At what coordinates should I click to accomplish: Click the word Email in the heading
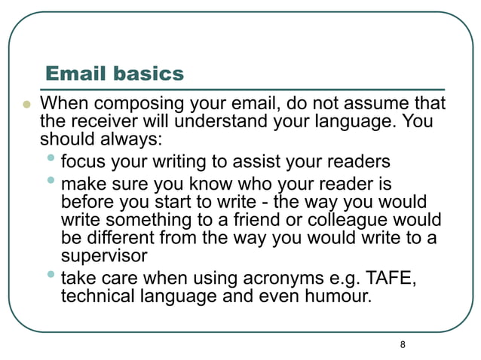(75, 74)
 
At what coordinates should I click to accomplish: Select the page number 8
(403, 344)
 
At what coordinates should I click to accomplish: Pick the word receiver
(100, 121)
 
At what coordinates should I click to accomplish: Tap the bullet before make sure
(50, 179)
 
